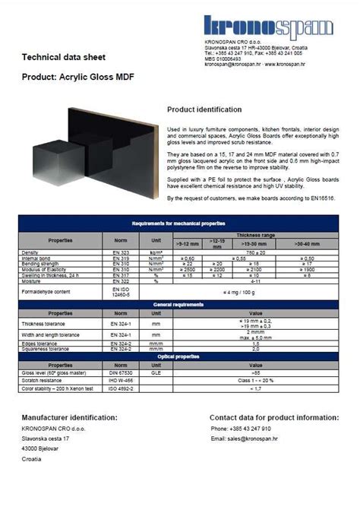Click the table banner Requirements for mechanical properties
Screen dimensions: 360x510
(178, 223)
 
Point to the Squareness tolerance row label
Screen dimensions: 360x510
(47, 349)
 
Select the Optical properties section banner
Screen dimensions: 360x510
(178, 356)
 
